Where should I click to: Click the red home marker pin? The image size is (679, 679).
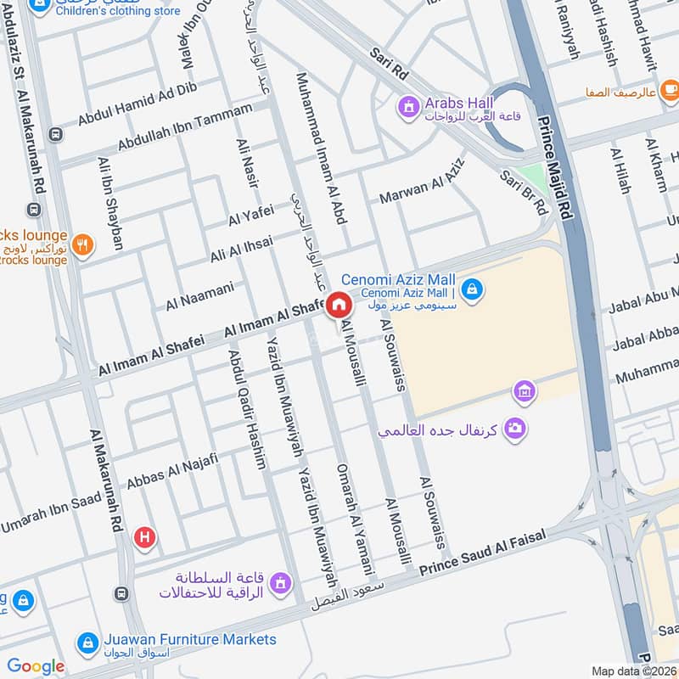coord(338,304)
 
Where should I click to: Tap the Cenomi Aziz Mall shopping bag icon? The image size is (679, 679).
coord(474,290)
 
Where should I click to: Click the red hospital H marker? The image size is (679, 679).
coord(145,537)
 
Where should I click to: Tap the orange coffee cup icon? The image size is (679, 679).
coord(670,88)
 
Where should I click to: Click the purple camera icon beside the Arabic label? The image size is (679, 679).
coord(513,428)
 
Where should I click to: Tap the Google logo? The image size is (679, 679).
coord(36,666)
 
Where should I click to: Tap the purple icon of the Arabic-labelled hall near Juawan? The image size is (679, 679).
coord(281,583)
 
